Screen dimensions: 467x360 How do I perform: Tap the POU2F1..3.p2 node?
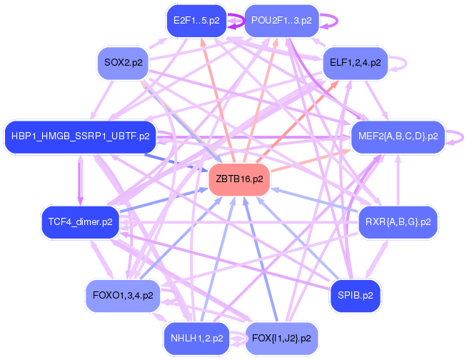[281, 21]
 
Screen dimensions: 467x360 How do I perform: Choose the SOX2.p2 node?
[123, 64]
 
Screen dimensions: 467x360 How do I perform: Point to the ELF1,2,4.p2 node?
[355, 63]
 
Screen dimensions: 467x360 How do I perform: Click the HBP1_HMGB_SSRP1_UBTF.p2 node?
[80, 136]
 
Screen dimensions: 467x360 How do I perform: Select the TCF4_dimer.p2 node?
[80, 222]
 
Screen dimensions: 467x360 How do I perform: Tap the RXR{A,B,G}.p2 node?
[398, 222]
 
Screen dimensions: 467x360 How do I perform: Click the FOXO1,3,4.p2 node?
[123, 294]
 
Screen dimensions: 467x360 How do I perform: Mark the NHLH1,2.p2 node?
[196, 337]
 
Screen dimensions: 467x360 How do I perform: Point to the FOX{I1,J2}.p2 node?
[281, 337]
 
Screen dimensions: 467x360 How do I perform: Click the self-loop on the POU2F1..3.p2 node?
[331, 21]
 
